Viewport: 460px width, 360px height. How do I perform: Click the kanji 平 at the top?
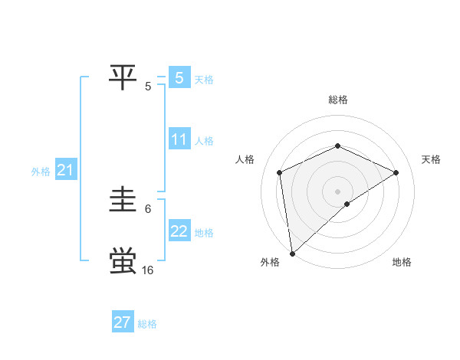(x=123, y=77)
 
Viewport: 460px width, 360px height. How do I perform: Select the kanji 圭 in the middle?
(x=123, y=201)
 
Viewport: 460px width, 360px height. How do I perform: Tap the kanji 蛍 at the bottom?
(x=123, y=261)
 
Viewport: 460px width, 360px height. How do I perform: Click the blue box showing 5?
(x=179, y=77)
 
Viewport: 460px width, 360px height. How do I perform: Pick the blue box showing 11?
(x=179, y=139)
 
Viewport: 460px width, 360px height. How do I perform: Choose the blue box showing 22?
(x=179, y=231)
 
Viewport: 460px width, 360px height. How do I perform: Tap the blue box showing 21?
(x=65, y=170)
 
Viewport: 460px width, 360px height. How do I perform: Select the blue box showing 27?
(x=123, y=322)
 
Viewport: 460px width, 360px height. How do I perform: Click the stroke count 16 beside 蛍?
(x=147, y=270)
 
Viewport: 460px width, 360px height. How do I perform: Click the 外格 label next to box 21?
(x=41, y=172)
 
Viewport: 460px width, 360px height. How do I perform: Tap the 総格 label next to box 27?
(x=147, y=324)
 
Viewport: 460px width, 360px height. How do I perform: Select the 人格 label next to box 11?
(x=204, y=141)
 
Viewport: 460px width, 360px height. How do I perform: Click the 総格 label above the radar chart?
(x=337, y=100)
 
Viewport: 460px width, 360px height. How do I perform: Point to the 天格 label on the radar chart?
(x=431, y=159)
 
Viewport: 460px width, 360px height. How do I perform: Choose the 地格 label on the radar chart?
(x=402, y=263)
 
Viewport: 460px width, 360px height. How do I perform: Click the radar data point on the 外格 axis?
(x=292, y=253)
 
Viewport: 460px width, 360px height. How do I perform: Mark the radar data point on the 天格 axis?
(x=396, y=172)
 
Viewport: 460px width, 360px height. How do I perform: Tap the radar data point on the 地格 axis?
(x=347, y=204)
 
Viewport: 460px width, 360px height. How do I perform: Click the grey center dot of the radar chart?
(x=337, y=191)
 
